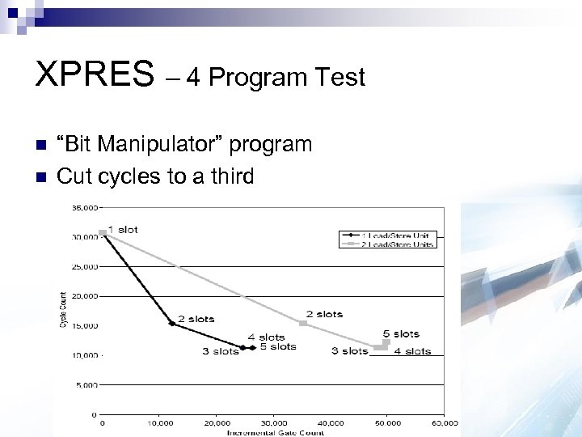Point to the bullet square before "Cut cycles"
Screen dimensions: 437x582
pyautogui.click(x=41, y=176)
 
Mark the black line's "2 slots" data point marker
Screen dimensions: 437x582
pyautogui.click(x=171, y=324)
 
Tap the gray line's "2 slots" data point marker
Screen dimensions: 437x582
pyautogui.click(x=303, y=323)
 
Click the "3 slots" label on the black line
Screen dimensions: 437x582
pyautogui.click(x=220, y=351)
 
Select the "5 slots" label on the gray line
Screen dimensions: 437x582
pyautogui.click(x=401, y=333)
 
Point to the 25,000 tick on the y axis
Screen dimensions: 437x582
pyautogui.click(x=84, y=266)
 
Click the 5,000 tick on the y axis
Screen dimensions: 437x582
pyautogui.click(x=86, y=385)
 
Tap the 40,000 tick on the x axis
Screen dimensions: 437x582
pyautogui.click(x=330, y=423)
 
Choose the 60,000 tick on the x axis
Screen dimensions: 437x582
pyautogui.click(x=444, y=423)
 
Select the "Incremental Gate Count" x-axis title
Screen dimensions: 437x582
pyautogui.click(x=275, y=432)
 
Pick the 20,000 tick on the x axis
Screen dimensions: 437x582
pyautogui.click(x=216, y=423)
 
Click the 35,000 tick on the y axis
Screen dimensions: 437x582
pyautogui.click(x=84, y=207)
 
